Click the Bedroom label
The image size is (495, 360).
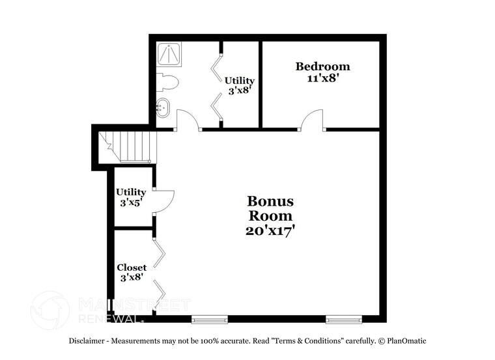point(322,66)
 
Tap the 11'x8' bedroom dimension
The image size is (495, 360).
point(322,78)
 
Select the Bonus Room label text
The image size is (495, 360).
point(270,208)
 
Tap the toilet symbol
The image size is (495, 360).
point(167,82)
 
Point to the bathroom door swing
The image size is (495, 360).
point(188,120)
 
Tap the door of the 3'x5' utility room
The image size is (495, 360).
point(164,200)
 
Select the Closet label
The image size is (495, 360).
point(132,268)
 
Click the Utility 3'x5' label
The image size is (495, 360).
point(131,197)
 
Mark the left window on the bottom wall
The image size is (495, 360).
point(210,319)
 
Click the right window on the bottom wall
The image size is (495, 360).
point(344,319)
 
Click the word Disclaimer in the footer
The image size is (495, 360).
point(89,341)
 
